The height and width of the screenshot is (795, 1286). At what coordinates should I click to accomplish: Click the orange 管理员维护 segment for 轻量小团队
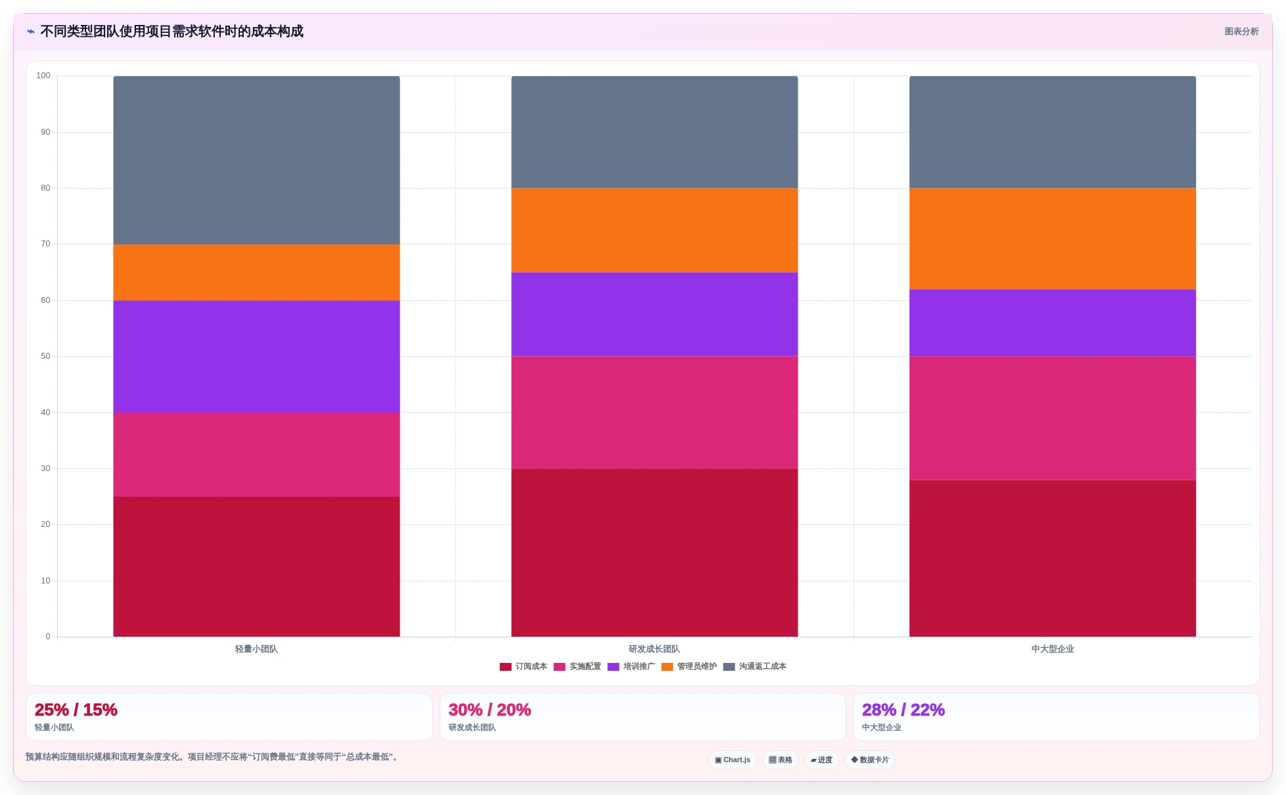click(x=256, y=273)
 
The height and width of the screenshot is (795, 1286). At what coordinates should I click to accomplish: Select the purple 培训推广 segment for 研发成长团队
click(x=654, y=315)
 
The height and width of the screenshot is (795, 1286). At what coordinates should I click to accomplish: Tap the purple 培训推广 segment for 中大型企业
click(x=1053, y=323)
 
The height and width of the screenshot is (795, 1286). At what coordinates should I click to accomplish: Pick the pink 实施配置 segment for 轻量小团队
click(x=256, y=455)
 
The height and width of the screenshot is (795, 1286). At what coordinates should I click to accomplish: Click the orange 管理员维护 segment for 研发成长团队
click(x=654, y=231)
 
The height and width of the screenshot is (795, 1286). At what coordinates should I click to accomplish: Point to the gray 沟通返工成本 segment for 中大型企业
click(x=1053, y=132)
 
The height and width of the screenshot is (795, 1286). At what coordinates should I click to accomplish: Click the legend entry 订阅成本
click(x=523, y=666)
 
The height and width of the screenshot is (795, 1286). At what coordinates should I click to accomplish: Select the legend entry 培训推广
click(x=631, y=666)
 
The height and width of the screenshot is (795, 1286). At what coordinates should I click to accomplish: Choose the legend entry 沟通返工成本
click(x=754, y=666)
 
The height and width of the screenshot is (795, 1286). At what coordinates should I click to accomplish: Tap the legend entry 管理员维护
click(x=689, y=666)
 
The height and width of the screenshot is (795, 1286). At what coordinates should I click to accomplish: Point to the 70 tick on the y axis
click(x=45, y=244)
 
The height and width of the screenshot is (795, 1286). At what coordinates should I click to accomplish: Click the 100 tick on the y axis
click(x=43, y=76)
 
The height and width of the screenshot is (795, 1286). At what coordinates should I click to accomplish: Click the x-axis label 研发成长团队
click(x=654, y=649)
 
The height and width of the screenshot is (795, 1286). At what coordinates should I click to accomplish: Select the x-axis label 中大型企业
click(x=1053, y=649)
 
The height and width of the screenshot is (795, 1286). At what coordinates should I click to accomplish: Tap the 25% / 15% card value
click(x=76, y=710)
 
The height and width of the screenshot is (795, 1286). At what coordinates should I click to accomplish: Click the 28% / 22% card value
click(x=904, y=710)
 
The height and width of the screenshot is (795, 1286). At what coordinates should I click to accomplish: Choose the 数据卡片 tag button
click(x=870, y=760)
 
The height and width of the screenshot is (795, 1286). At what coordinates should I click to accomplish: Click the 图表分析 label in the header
click(x=1241, y=32)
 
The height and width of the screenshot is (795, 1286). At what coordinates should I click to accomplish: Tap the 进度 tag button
click(x=821, y=760)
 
